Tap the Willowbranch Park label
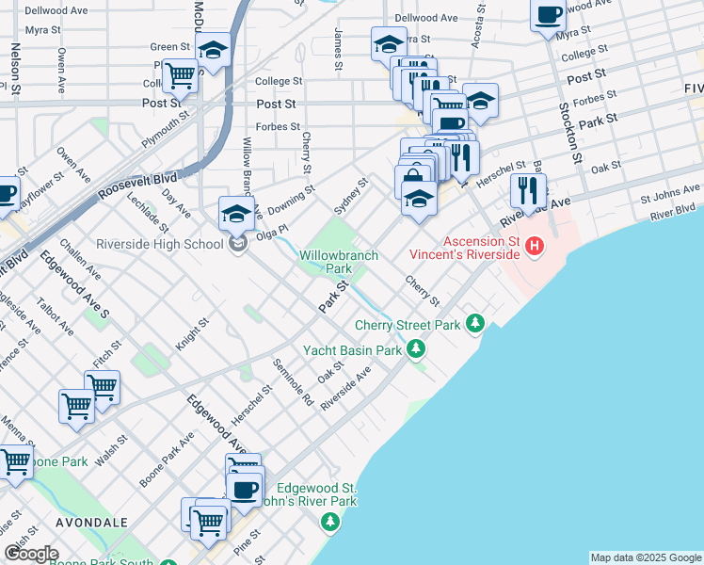coord(338,262)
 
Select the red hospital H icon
coord(535,248)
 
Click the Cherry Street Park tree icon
coord(475,325)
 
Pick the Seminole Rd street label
coord(293,382)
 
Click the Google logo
coord(31,554)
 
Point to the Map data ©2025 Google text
coord(646,557)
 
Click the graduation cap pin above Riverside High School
coord(236,213)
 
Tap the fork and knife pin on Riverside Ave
coord(526,191)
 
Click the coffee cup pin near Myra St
coord(548,14)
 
